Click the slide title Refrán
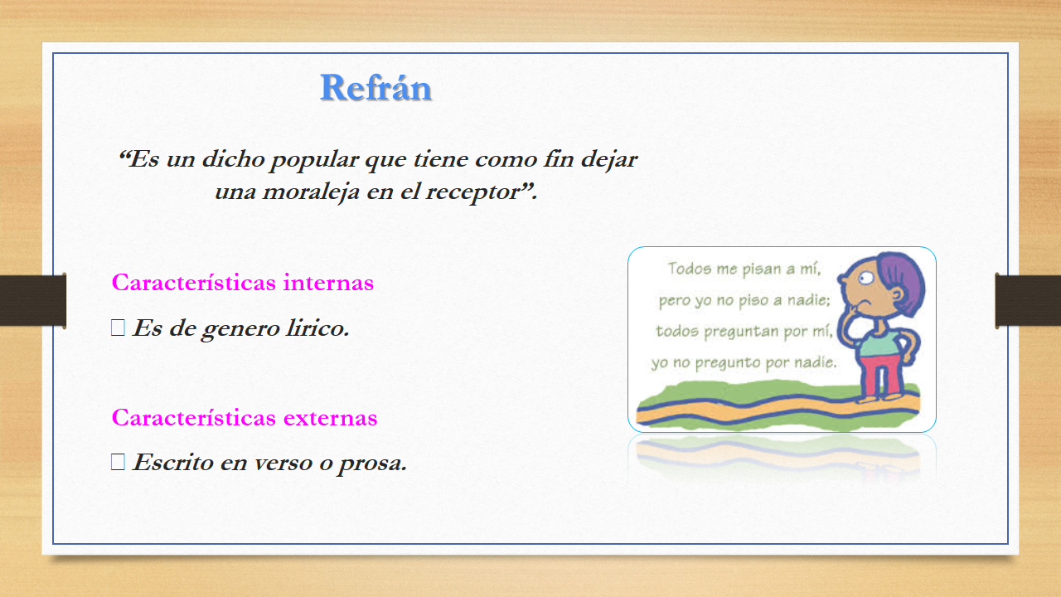375,88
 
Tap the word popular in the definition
314,160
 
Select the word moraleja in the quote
311,192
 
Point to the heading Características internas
243,283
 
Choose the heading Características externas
245,417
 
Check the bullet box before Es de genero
118,328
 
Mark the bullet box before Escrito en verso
118,462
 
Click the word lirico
317,328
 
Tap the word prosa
373,464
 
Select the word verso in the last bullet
283,463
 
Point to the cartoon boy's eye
866,278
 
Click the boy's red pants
880,376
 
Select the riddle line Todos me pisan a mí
744,269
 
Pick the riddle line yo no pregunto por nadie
744,362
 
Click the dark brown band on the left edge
32,300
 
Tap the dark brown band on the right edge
1028,300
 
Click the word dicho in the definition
233,158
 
